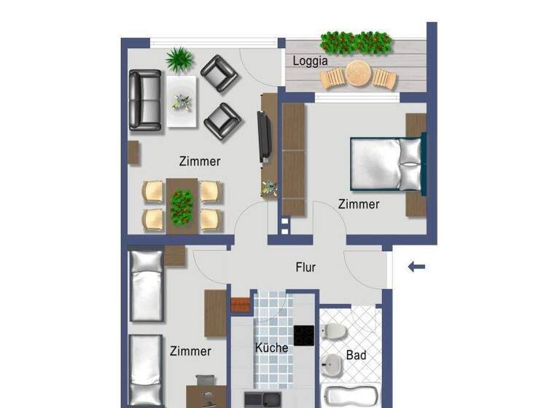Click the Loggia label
(x=310, y=61)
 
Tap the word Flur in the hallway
(x=306, y=267)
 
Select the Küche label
(x=271, y=348)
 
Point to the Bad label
(x=356, y=356)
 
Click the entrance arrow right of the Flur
(x=416, y=267)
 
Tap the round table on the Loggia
(x=359, y=74)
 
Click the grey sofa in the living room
(x=145, y=100)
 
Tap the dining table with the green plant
(x=182, y=204)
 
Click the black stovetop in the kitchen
(x=303, y=335)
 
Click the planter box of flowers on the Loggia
(x=357, y=42)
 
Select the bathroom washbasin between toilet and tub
(x=332, y=363)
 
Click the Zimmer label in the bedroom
(x=358, y=204)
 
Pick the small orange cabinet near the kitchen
(x=240, y=305)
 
